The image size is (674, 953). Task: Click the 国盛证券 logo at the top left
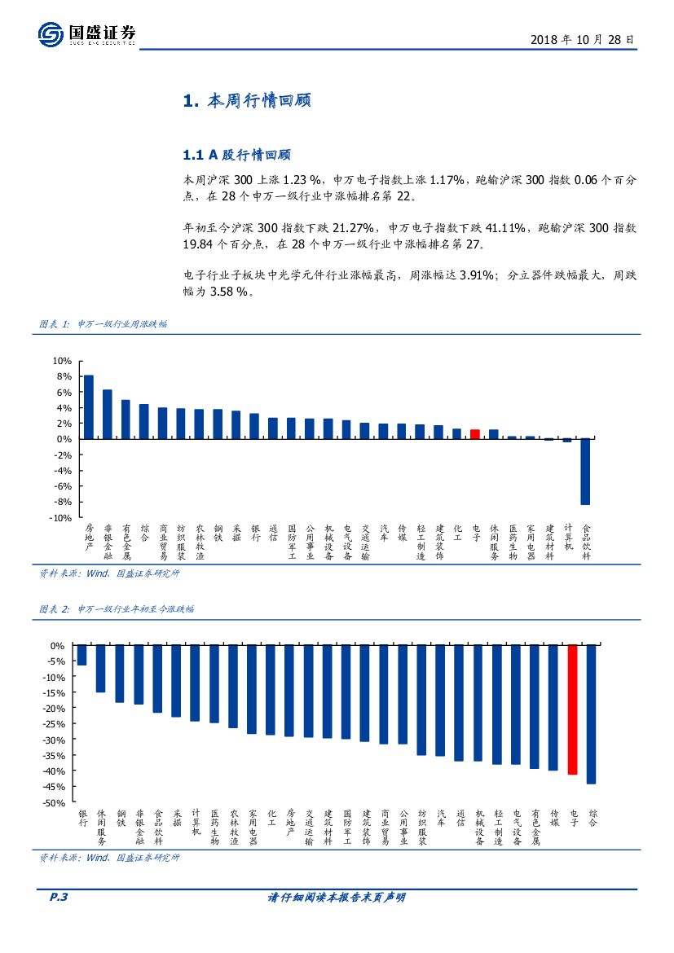point(86,34)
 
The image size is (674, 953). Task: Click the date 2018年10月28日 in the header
point(582,39)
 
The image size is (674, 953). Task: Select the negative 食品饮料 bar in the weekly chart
point(585,472)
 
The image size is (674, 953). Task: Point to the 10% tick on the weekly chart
point(63,361)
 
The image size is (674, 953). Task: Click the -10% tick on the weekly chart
point(61,518)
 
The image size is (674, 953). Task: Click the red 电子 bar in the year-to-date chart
point(573,709)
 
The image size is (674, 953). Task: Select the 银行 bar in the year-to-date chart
point(81,656)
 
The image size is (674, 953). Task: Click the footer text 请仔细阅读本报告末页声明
point(337,898)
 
